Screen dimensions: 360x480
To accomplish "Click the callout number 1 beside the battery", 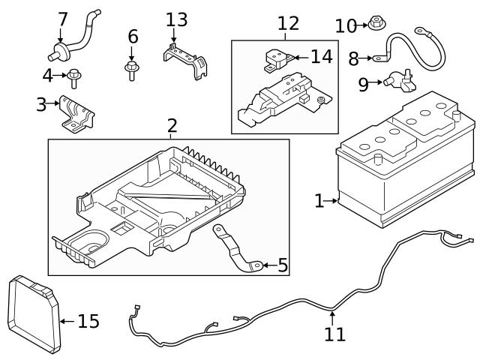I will click(319, 200).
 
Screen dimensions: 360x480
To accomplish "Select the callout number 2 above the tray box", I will click(172, 125).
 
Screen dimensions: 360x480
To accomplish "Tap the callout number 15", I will click(88, 322).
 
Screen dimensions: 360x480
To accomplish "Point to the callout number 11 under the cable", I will click(334, 334).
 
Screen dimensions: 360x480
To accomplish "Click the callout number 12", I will click(288, 23).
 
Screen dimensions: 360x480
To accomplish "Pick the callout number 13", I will click(177, 19).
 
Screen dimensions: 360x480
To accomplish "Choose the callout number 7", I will click(63, 18).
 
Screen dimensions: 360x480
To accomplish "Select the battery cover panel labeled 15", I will click(32, 313).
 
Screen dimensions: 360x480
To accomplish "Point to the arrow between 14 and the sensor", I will click(298, 57).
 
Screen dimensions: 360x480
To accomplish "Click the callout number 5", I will click(282, 265).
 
